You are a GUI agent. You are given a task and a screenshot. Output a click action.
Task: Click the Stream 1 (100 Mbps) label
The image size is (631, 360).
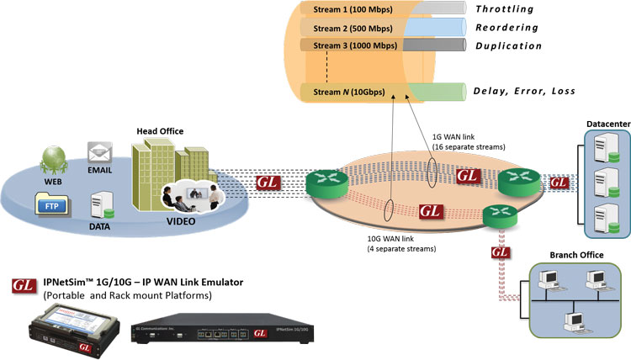tap(346, 8)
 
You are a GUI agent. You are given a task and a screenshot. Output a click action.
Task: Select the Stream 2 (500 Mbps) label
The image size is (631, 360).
tap(346, 27)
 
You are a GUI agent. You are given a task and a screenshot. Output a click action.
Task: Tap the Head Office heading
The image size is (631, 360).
tap(159, 131)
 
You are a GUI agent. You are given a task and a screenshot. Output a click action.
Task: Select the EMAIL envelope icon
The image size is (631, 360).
tap(99, 154)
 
